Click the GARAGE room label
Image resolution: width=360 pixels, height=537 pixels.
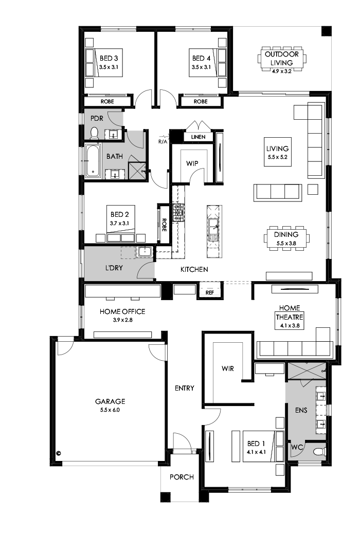110,401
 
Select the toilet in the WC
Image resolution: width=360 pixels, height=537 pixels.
319,452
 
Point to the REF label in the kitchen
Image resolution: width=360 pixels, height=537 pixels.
209,292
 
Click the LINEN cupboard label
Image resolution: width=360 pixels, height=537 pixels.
198,137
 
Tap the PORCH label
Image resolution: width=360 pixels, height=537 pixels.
182,477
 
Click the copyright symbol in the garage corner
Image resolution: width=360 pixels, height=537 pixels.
59,453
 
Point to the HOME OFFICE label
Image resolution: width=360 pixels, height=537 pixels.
122,311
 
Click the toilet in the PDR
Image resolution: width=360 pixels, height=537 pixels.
94,134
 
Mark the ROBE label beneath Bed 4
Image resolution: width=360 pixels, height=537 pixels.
201,102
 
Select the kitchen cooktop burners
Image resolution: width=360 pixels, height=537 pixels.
178,212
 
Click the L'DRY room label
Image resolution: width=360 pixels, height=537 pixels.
114,267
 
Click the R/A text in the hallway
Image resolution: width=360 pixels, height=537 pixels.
163,139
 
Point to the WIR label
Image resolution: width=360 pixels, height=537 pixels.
228,368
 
